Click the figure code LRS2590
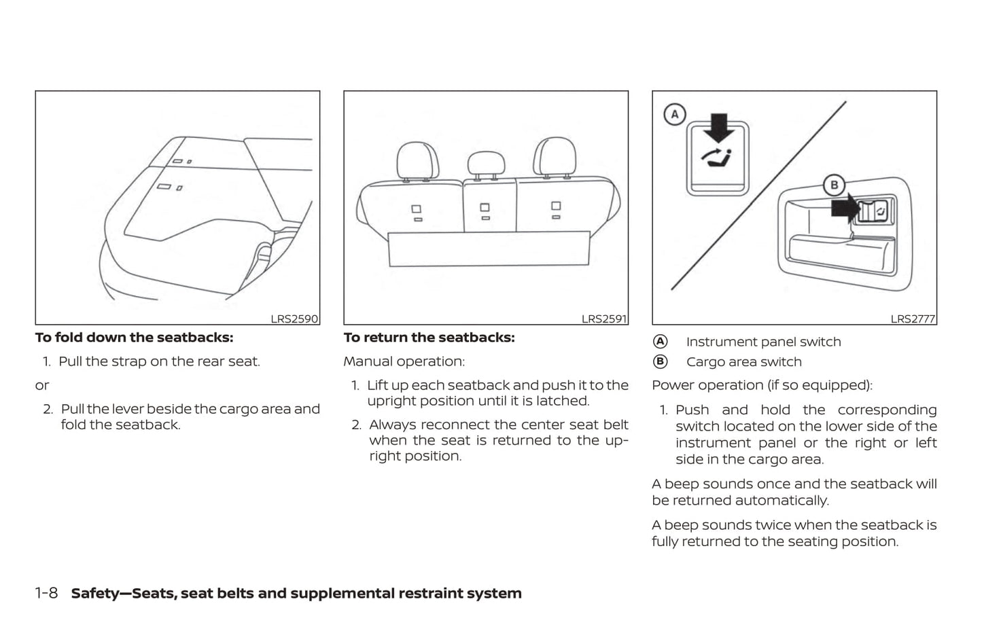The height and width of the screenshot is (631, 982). point(294,319)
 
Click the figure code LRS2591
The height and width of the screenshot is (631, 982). point(603,319)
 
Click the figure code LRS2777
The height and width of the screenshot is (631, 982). point(912,319)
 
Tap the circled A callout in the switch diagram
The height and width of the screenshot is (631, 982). point(674,114)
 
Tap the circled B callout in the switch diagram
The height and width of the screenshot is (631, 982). point(834,185)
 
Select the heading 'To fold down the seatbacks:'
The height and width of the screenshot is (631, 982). point(134,338)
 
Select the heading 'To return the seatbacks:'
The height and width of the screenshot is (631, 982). point(429,338)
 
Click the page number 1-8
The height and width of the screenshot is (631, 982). point(46,593)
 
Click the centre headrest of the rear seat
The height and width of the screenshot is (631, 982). point(486,163)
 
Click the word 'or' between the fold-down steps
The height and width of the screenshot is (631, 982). point(42,385)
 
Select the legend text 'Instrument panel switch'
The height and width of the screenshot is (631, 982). point(763,342)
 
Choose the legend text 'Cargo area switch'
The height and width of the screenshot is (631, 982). point(743,362)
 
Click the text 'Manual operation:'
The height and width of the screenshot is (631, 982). point(404,361)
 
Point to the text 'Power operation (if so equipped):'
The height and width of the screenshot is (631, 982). point(761,385)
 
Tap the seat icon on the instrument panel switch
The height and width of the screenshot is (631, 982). point(718,159)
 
